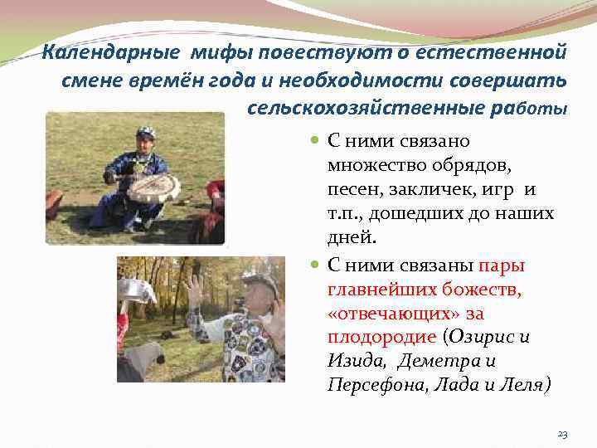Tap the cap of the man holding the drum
point(146,133)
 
